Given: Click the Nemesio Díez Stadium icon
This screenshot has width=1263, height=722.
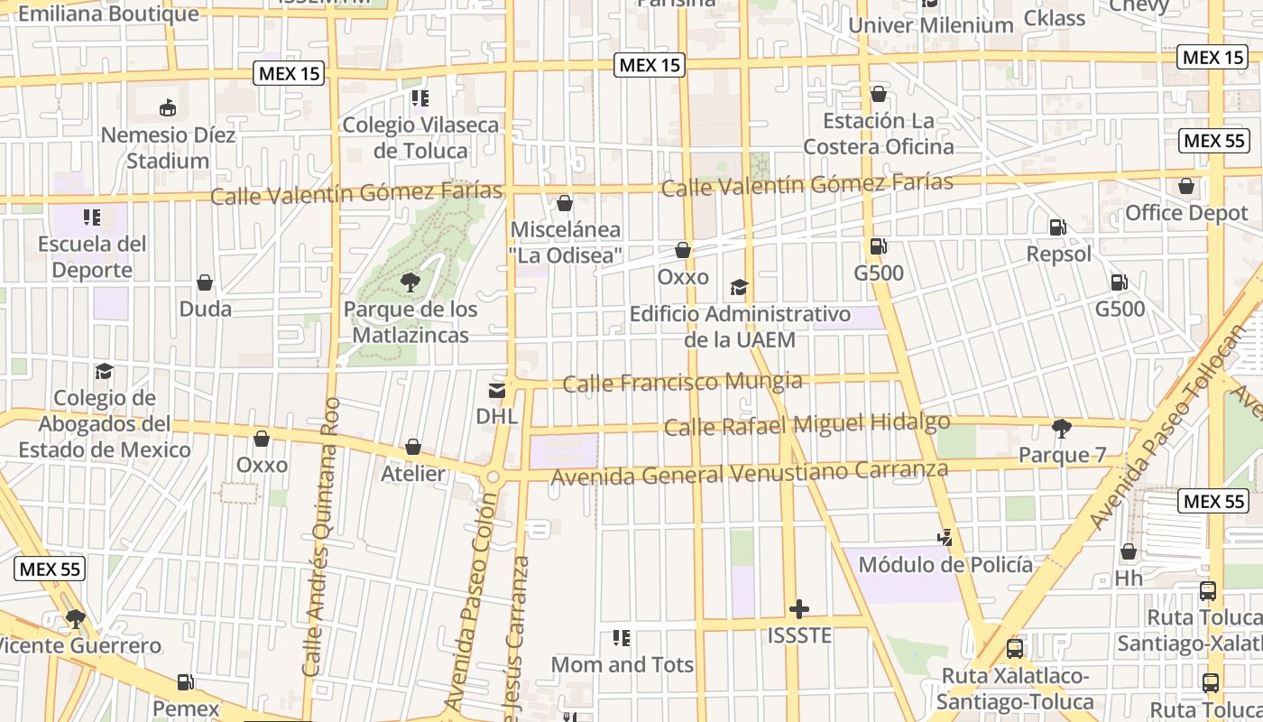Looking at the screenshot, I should point(168,109).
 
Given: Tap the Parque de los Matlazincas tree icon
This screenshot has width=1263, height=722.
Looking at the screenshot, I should point(410,282).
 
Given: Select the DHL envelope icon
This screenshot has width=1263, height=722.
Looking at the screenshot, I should point(497,390).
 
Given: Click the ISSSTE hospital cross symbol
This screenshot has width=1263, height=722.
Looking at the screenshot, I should point(798,609).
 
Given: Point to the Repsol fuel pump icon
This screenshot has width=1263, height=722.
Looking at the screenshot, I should point(1057,228).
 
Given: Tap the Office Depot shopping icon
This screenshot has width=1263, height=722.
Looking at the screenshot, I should point(1186,187).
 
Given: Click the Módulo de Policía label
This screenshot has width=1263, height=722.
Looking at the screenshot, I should point(945,565).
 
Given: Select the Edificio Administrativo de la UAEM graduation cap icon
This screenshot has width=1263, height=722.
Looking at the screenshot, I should point(740,288).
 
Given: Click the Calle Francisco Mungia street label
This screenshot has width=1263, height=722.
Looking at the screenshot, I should point(682,383).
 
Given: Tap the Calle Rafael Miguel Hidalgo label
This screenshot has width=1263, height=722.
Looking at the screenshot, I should point(807,424).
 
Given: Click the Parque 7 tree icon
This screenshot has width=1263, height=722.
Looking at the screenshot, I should point(1062,428).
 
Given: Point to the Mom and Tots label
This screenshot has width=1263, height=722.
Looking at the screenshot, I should point(622,665).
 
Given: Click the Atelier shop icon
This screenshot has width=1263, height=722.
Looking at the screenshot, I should point(413,447).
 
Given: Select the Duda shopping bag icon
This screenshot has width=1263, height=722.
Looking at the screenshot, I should point(205,282).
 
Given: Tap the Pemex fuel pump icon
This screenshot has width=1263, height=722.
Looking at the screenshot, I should point(186,682).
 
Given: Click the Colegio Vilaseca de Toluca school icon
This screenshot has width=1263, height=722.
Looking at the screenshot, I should point(419,97).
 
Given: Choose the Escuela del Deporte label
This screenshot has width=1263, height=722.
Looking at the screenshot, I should point(92,256).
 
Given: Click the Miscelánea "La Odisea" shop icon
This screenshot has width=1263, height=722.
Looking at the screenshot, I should point(565,203).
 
